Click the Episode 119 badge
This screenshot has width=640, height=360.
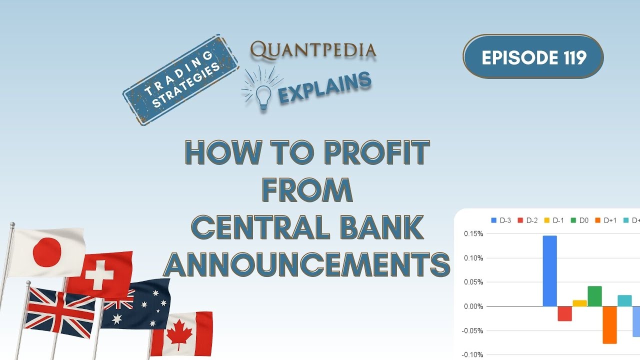pyautogui.click(x=533, y=57)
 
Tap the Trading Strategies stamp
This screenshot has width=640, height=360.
pyautogui.click(x=180, y=79)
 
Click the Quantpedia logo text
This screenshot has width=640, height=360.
pyautogui.click(x=313, y=49)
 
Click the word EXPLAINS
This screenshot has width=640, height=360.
pyautogui.click(x=325, y=88)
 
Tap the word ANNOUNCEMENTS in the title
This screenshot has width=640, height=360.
pyautogui.click(x=306, y=264)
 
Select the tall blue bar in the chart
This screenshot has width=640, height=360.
pyautogui.click(x=549, y=270)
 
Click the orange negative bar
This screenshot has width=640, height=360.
pyautogui.click(x=609, y=325)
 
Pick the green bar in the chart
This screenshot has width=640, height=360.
pyautogui.click(x=594, y=296)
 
